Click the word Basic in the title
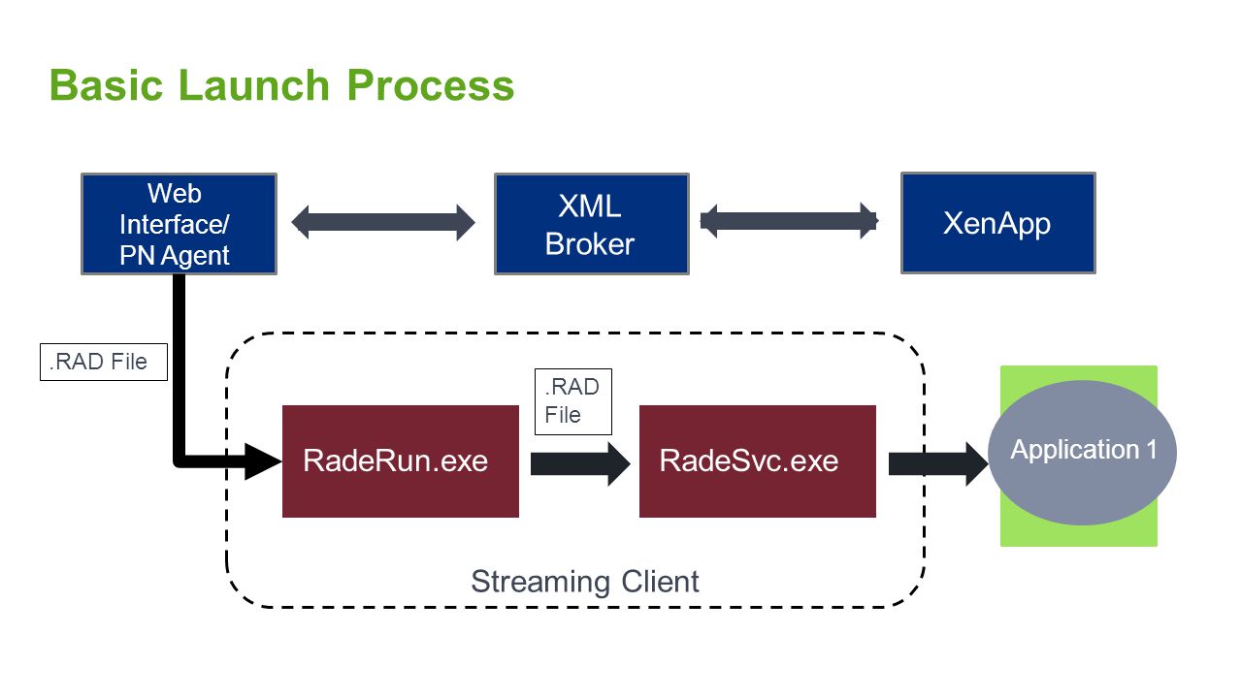[x=106, y=86]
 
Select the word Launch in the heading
[x=254, y=86]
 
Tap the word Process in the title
[x=431, y=86]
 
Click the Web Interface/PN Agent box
[x=179, y=224]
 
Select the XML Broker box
[x=592, y=224]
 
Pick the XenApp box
[x=998, y=223]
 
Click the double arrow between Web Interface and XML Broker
[x=383, y=223]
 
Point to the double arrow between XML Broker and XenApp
[x=789, y=221]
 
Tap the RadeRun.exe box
[x=401, y=461]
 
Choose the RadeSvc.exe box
[x=758, y=461]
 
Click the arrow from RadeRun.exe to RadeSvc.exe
[x=580, y=463]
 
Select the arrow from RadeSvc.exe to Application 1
[x=938, y=463]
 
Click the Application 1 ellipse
[x=1082, y=453]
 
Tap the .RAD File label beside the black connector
[x=104, y=362]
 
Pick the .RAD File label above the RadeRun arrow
[x=573, y=401]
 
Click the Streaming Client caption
[x=584, y=582]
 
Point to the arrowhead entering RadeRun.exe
[x=263, y=461]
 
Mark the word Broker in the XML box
[x=590, y=244]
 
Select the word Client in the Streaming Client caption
[x=660, y=582]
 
